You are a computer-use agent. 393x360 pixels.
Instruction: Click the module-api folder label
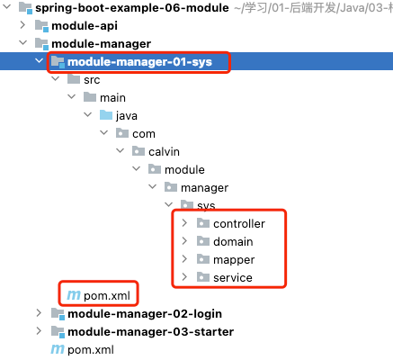[85, 26]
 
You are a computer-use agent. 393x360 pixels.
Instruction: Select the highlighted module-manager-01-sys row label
[139, 62]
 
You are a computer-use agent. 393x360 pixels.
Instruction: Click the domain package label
[233, 242]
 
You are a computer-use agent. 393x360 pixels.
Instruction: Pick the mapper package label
[234, 260]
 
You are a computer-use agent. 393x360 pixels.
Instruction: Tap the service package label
[233, 278]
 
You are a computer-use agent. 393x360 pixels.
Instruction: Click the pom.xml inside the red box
[107, 296]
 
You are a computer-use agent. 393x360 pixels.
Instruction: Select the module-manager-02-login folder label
[145, 314]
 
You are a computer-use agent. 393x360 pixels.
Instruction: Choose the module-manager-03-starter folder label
[151, 332]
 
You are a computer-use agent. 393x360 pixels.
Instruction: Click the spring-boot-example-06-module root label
[132, 8]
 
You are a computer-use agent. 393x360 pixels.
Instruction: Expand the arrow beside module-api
[22, 25]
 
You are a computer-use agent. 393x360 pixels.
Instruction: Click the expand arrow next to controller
[184, 223]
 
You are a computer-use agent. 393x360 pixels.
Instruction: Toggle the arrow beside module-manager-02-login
[39, 313]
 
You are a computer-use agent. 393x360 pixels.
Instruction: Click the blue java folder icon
[106, 115]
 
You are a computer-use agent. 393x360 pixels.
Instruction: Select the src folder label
[92, 80]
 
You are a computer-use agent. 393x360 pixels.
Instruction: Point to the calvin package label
[164, 152]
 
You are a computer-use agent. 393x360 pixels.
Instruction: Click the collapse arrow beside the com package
[103, 132]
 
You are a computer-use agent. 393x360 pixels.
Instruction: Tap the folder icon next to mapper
[203, 259]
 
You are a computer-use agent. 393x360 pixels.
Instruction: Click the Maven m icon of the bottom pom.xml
[58, 349]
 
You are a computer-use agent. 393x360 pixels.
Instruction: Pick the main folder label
[112, 98]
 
